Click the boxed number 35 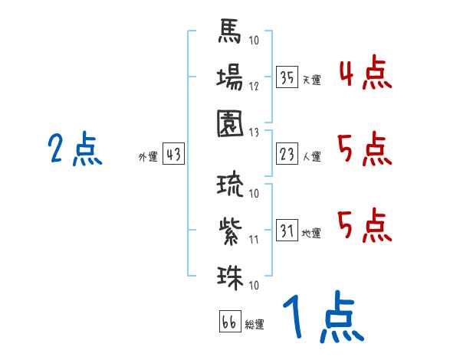click(287, 77)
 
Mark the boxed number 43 click(173, 155)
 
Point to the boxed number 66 click(229, 322)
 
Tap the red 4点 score click(365, 75)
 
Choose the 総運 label click(255, 325)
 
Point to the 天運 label click(312, 80)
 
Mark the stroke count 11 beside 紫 click(254, 240)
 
